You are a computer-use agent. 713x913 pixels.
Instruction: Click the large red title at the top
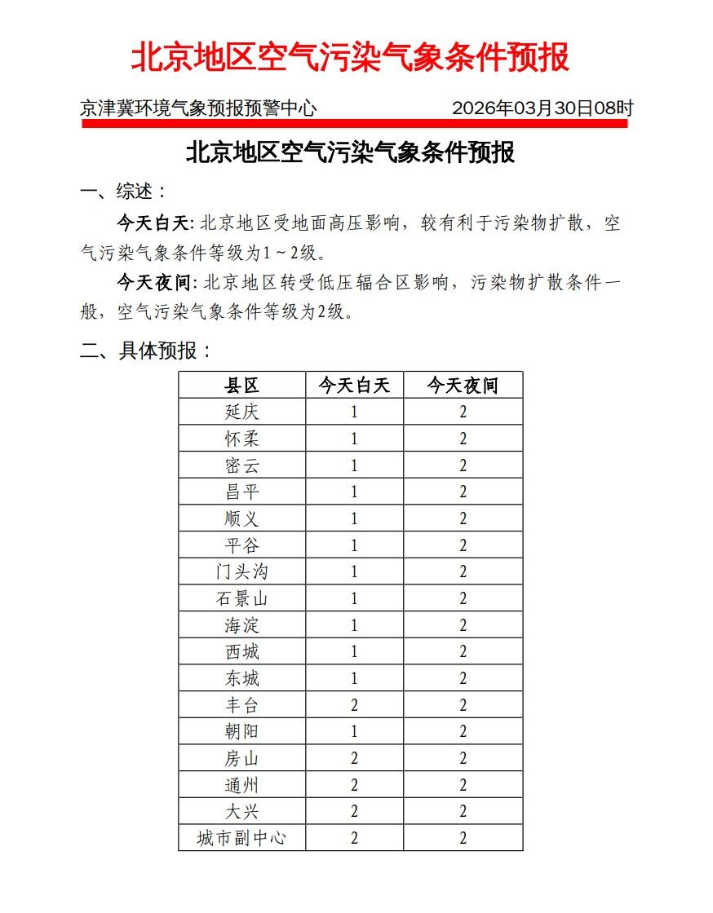pyautogui.click(x=350, y=58)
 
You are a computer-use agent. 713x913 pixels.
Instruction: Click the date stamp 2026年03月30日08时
pyautogui.click(x=542, y=108)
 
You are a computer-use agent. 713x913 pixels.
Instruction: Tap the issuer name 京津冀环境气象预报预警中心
pyautogui.click(x=198, y=108)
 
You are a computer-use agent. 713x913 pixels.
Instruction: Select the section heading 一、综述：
pyautogui.click(x=124, y=192)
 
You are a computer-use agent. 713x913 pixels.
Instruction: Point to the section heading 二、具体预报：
pyautogui.click(x=146, y=351)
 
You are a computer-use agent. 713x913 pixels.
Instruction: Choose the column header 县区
pyautogui.click(x=241, y=386)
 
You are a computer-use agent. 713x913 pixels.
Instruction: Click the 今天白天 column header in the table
pyautogui.click(x=354, y=386)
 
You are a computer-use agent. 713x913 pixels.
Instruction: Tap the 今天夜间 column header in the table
pyautogui.click(x=463, y=386)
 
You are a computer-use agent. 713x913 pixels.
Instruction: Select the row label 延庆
pyautogui.click(x=241, y=412)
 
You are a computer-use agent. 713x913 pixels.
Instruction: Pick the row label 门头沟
pyautogui.click(x=241, y=571)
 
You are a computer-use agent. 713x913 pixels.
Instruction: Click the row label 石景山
pyautogui.click(x=241, y=598)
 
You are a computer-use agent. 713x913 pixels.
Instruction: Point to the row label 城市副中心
pyautogui.click(x=241, y=838)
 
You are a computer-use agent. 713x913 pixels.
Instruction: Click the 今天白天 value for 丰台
pyautogui.click(x=354, y=705)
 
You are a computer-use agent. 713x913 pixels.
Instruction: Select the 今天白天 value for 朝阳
pyautogui.click(x=354, y=731)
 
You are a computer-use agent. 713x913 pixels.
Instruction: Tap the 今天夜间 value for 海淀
pyautogui.click(x=463, y=625)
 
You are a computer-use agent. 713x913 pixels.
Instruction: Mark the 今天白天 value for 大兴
pyautogui.click(x=354, y=811)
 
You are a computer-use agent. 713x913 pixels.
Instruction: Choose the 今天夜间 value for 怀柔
pyautogui.click(x=463, y=439)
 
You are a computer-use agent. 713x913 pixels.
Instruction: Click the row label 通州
pyautogui.click(x=241, y=785)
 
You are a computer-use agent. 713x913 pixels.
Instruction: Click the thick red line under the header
pyautogui.click(x=354, y=124)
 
